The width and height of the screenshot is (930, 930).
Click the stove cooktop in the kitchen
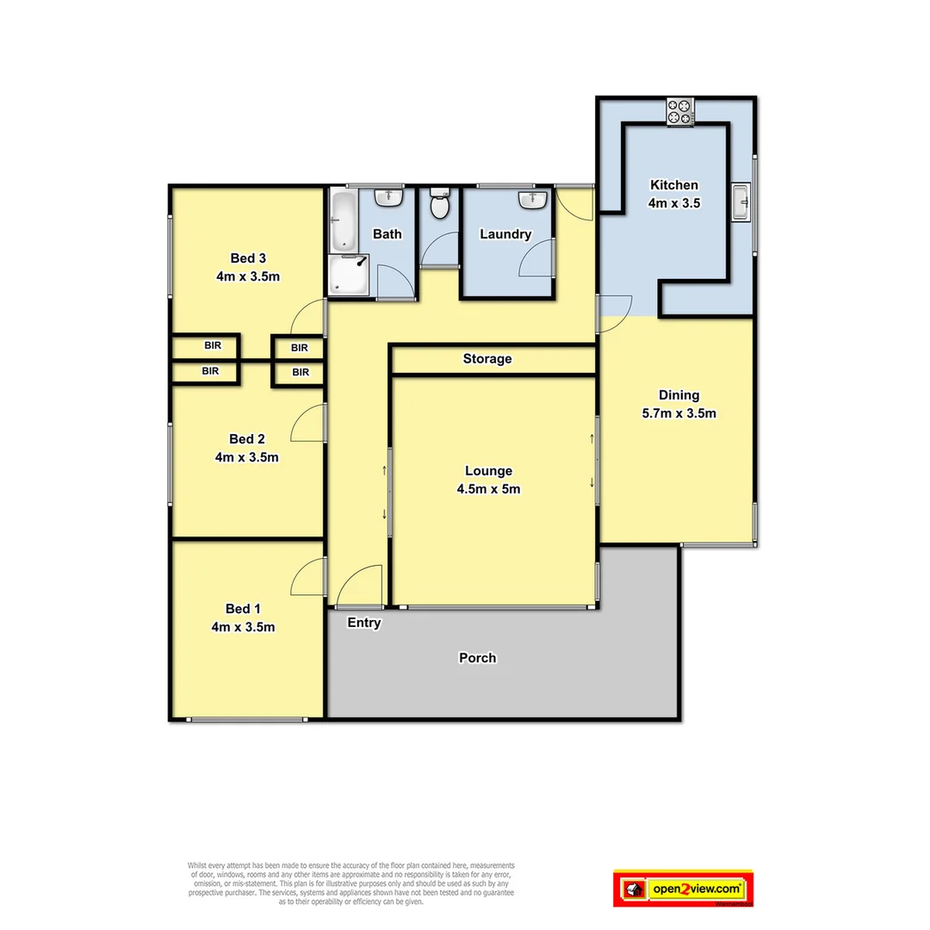point(680,112)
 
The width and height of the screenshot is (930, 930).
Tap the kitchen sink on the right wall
point(741,203)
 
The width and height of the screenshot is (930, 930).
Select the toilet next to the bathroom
point(440,205)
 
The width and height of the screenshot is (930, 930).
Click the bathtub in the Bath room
point(343,221)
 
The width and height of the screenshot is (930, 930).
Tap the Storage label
point(487,358)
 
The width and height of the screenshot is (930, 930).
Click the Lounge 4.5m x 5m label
point(488,480)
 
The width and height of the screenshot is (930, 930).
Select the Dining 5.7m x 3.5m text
point(679,404)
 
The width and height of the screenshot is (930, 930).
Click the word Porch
point(477,658)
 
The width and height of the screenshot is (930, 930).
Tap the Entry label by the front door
point(363,623)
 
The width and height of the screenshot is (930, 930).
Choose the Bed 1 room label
point(243,617)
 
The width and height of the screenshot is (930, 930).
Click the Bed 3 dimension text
point(248,276)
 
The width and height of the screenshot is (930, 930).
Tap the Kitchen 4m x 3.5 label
point(674,194)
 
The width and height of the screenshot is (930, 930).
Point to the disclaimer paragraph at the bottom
point(350,883)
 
